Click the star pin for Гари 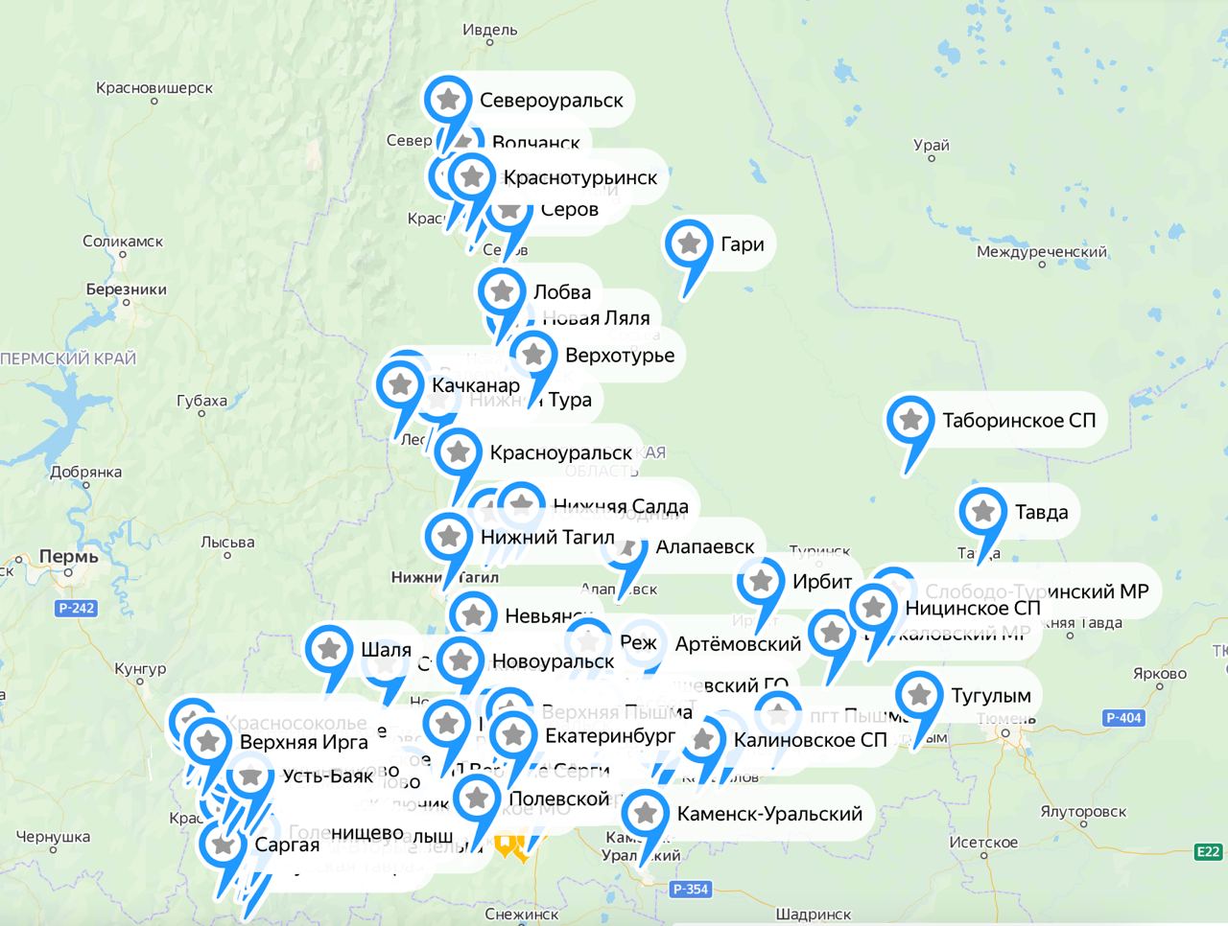pos(689,243)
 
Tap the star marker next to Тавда pos(982,511)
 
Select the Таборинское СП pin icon pos(910,420)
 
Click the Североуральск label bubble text pos(551,100)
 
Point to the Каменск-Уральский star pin pos(646,813)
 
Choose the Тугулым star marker pos(919,695)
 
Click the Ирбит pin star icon pos(761,581)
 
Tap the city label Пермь pos(68,556)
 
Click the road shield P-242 pos(77,608)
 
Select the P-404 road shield pos(1123,717)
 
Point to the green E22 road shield pos(1208,851)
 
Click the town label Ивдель pos(489,30)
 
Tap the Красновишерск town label pos(154,88)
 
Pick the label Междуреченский pos(1041,252)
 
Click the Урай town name pos(931,145)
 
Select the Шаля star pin pos(330,649)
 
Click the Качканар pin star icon pos(400,384)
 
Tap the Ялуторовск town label pos(1083,811)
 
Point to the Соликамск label pos(123,242)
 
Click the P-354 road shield pos(691,889)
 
